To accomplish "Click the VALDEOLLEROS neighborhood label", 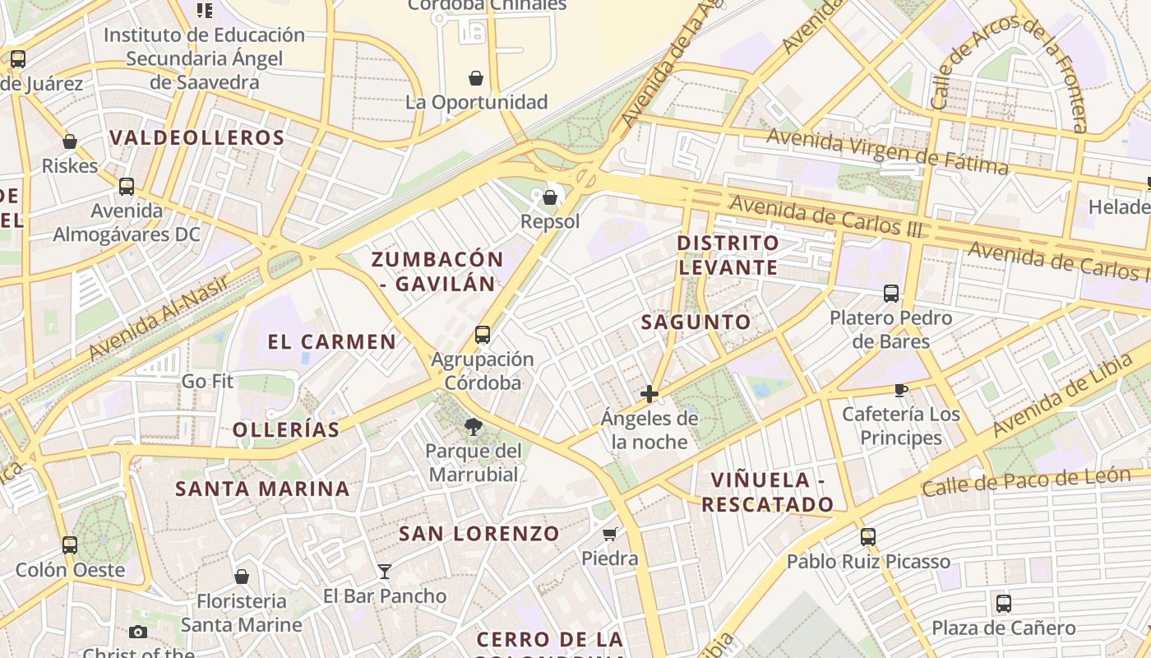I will pos(197,137).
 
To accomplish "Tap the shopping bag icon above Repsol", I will pos(550,197).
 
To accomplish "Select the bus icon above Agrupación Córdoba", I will pos(483,335).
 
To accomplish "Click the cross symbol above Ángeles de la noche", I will pos(649,394).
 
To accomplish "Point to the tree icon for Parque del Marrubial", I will pos(474,426).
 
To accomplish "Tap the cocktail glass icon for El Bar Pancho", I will pos(385,571).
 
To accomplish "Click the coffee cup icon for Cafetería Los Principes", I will pos(901,390).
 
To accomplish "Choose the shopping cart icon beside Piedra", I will pos(610,535).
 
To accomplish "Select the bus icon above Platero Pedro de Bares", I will pos(891,293).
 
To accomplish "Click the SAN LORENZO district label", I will pos(479,533).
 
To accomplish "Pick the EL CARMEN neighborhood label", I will pos(332,342).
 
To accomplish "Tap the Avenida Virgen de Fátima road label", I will pos(887,152).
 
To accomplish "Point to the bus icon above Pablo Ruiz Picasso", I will pos(868,537).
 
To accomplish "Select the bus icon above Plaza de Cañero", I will pos(1004,604).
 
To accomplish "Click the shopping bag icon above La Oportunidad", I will pos(476,78).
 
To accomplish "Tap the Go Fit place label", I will pos(208,382).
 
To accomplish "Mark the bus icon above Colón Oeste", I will pos(70,544).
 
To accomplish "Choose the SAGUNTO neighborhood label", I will pos(696,322).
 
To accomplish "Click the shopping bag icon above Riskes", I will pos(70,141).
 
